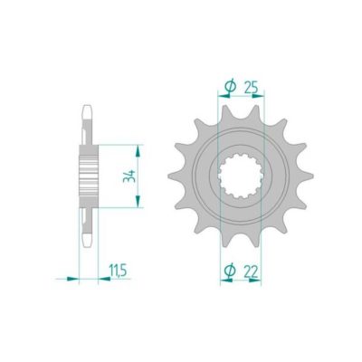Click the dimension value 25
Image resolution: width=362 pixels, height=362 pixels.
click(251, 88)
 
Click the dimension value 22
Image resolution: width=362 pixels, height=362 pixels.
click(251, 272)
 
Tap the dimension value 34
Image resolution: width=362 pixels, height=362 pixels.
click(129, 176)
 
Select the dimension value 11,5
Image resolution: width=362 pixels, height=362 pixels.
click(118, 271)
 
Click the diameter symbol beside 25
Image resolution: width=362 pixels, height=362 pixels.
click(230, 87)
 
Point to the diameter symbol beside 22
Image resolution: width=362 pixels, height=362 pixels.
click(230, 271)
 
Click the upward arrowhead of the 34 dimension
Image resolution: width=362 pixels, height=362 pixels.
click(138, 151)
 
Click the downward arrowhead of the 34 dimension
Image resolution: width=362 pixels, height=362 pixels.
click(138, 201)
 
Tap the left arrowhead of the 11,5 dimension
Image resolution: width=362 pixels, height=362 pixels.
click(72, 279)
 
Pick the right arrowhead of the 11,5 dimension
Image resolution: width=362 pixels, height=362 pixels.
click(104, 279)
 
